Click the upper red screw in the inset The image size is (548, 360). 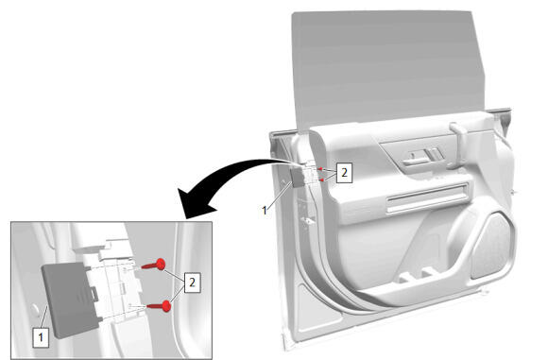[154, 265]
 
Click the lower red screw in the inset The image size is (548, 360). [160, 306]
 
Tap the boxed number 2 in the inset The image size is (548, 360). [192, 283]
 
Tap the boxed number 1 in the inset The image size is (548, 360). [41, 337]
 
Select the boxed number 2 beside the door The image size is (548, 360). [344, 172]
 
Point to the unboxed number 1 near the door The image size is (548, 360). [265, 211]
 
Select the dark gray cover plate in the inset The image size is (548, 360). [69, 300]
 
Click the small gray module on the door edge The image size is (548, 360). [299, 178]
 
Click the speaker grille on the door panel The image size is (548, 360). [493, 247]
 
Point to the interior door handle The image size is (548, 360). [416, 160]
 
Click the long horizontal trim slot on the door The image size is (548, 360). [427, 198]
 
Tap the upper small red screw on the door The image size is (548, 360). [319, 169]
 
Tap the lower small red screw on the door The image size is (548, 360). [321, 180]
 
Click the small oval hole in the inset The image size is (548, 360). [36, 311]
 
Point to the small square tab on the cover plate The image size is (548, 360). [94, 293]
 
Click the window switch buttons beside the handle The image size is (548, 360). [436, 154]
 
